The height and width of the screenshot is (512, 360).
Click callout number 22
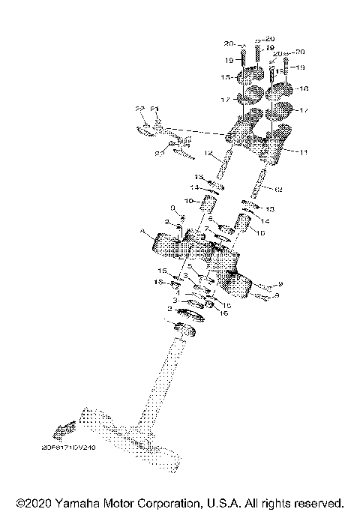click(x=139, y=109)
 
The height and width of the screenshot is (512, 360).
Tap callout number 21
click(x=154, y=109)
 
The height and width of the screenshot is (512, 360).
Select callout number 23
click(x=158, y=153)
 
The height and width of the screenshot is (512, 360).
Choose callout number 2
click(x=170, y=308)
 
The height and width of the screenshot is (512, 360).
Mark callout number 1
click(x=178, y=293)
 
